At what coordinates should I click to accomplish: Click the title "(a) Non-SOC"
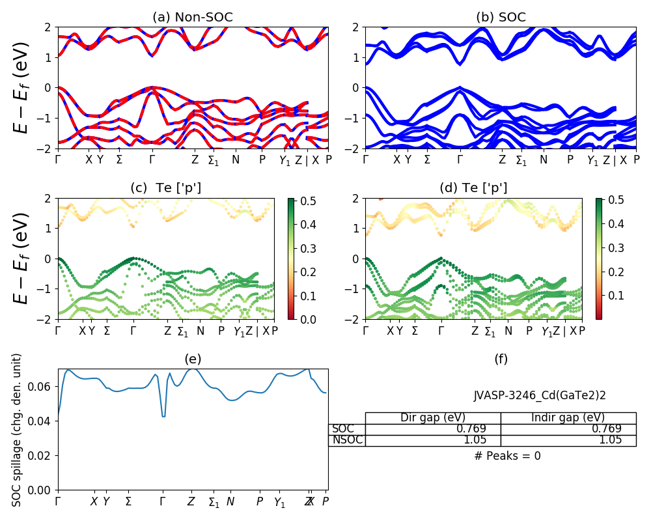(x=193, y=18)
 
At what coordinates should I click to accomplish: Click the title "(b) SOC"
(x=501, y=18)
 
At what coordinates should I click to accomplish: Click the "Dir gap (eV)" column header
(x=432, y=417)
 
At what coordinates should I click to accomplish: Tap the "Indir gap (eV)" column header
(x=568, y=417)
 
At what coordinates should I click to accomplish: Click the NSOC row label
(x=347, y=440)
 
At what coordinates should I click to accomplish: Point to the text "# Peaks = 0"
(x=507, y=456)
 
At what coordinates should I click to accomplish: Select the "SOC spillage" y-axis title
(x=18, y=430)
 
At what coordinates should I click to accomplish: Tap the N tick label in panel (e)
(x=230, y=502)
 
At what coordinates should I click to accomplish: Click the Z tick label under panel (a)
(x=195, y=158)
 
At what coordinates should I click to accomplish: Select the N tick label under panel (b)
(x=543, y=158)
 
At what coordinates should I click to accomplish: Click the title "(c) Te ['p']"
(x=166, y=188)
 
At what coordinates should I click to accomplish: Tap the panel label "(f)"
(x=501, y=359)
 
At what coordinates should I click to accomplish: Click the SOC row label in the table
(x=342, y=429)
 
